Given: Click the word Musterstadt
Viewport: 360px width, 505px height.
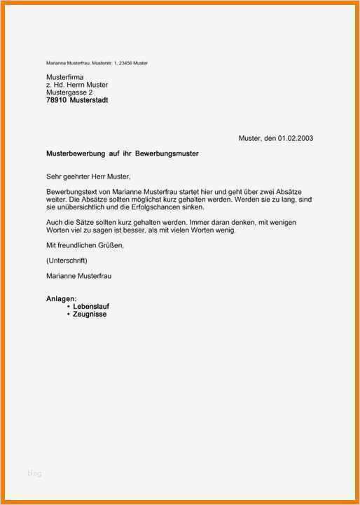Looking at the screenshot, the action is pyautogui.click(x=89, y=100).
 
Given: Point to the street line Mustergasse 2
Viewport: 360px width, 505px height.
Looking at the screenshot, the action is pyautogui.click(x=69, y=92).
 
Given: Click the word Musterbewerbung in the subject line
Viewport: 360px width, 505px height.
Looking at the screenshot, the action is pyautogui.click(x=77, y=153).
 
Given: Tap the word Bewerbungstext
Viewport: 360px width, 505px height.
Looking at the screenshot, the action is pyautogui.click(x=70, y=192).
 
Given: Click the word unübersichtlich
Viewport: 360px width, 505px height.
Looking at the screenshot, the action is pyautogui.click(x=82, y=207).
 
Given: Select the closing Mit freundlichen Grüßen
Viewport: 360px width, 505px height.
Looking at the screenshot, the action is pyautogui.click(x=85, y=245).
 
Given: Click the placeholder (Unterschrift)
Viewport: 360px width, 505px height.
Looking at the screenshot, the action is pyautogui.click(x=67, y=261).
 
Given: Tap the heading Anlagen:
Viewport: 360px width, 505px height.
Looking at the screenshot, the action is pyautogui.click(x=62, y=299).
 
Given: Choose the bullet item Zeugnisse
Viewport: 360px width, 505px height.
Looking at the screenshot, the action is pyautogui.click(x=90, y=315).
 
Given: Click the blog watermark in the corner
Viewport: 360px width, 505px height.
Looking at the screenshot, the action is pyautogui.click(x=34, y=473).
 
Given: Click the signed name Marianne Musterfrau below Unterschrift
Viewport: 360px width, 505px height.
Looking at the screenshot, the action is pyautogui.click(x=78, y=276).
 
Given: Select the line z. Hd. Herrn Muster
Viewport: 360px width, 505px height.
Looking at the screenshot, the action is pyautogui.click(x=77, y=85).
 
